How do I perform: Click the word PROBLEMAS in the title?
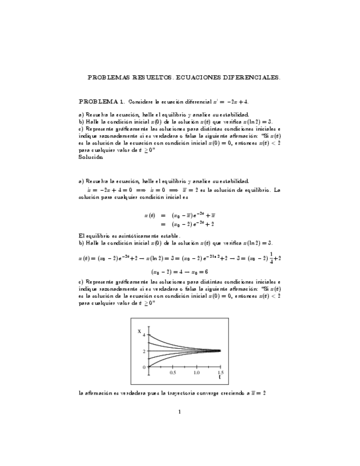[107, 78]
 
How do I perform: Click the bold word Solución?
[91, 157]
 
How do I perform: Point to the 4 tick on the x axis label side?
[144, 335]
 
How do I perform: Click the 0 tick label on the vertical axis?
[144, 367]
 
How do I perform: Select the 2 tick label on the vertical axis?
[144, 351]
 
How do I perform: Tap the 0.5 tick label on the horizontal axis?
[173, 373]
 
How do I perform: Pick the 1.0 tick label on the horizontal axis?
[196, 373]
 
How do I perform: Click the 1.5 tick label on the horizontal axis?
[220, 373]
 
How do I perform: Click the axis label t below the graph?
[220, 378]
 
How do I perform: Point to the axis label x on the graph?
[139, 331]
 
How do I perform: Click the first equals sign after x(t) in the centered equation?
[163, 215]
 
